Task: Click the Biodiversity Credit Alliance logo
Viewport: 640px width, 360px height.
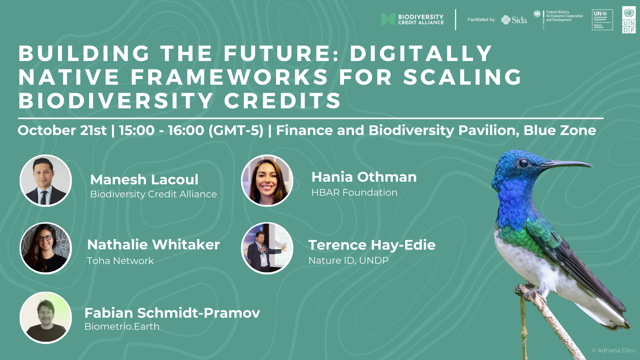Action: [412, 19]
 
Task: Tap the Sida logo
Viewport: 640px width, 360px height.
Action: [514, 20]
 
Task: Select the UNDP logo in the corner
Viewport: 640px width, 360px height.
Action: [629, 20]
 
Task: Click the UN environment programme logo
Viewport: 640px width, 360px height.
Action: [602, 20]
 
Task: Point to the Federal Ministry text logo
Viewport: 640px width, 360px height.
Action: [558, 16]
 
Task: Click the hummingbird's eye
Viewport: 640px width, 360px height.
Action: [523, 163]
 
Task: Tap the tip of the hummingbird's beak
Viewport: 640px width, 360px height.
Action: [593, 165]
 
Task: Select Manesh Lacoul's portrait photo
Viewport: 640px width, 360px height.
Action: [46, 181]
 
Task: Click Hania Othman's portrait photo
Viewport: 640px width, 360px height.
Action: [267, 181]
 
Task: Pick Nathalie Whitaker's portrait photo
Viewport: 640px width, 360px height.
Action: [46, 248]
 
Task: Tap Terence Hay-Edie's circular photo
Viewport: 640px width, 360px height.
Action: [267, 248]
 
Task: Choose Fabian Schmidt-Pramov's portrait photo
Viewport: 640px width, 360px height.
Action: [46, 318]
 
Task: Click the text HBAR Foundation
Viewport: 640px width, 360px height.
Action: [354, 193]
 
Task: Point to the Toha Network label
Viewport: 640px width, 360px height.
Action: [120, 261]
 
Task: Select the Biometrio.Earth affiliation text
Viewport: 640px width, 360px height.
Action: [122, 326]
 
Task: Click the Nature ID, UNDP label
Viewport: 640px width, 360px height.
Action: [349, 260]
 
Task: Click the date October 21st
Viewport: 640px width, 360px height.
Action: [62, 130]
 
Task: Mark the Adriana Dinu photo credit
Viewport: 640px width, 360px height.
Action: [614, 350]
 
